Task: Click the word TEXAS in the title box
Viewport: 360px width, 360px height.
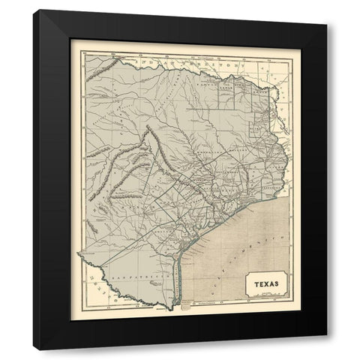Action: pyautogui.click(x=263, y=284)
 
